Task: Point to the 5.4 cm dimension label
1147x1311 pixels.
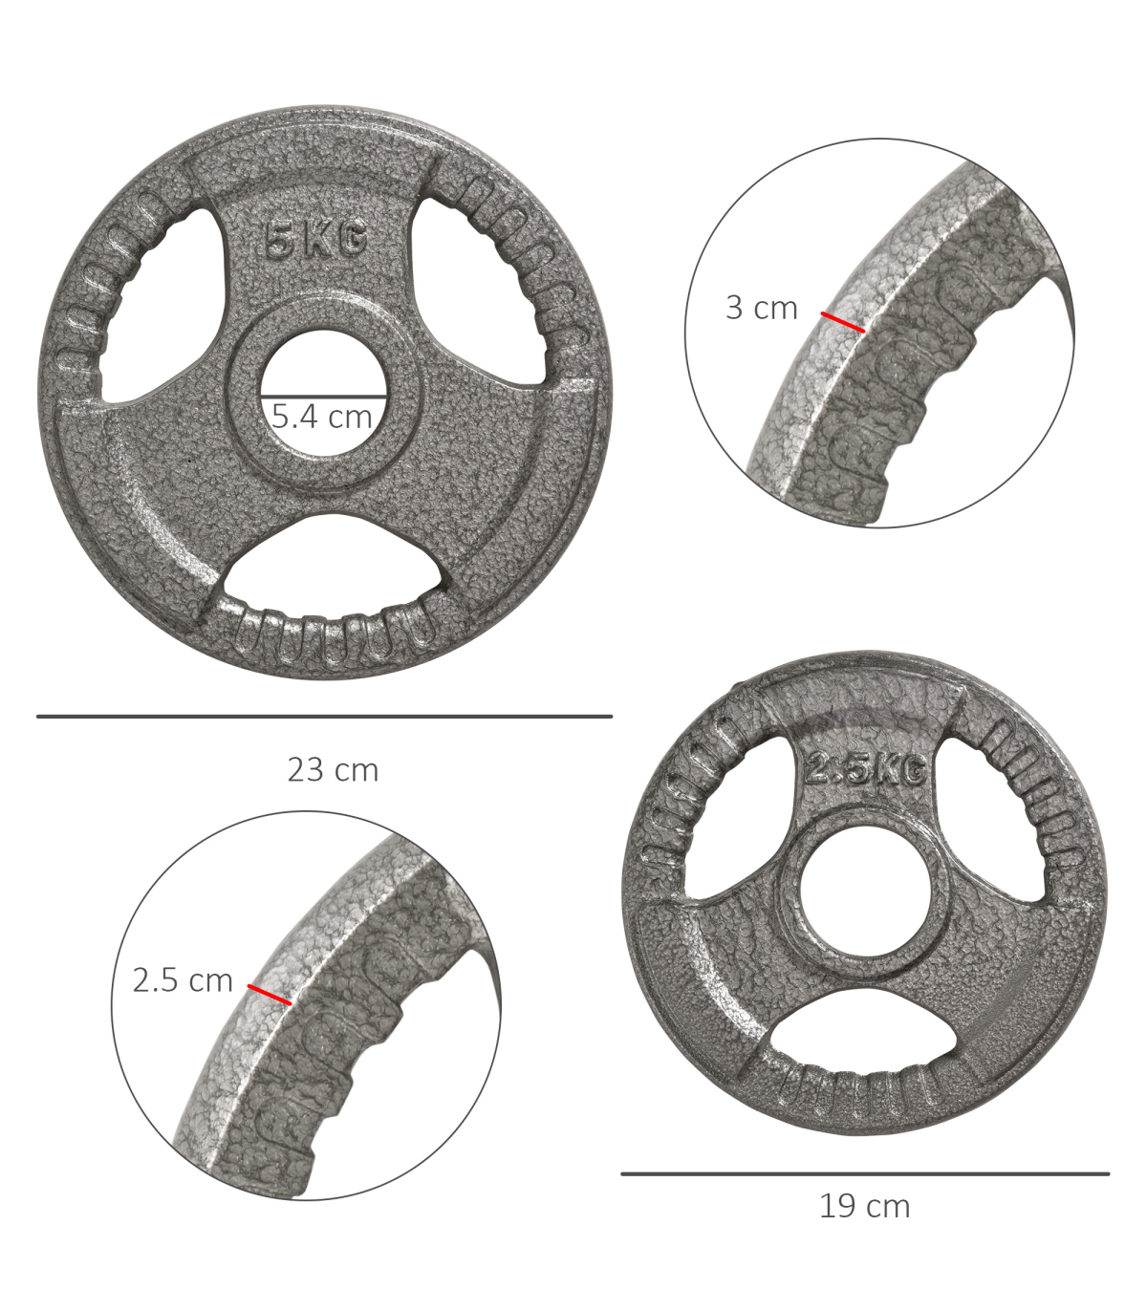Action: [x=322, y=417]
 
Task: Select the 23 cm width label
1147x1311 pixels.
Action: [x=333, y=769]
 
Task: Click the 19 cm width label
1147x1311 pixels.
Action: [x=864, y=1207]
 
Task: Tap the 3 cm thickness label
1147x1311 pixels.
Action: [x=761, y=308]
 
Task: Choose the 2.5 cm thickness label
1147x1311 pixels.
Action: [x=182, y=980]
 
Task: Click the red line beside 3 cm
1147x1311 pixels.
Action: [x=843, y=322]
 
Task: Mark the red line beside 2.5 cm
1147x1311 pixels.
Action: [x=270, y=995]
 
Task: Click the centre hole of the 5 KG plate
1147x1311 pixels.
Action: [x=324, y=392]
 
